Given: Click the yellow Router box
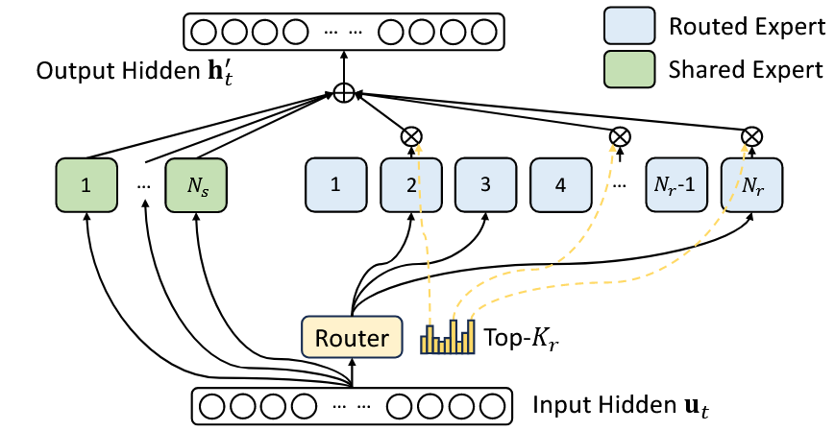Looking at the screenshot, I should [353, 337].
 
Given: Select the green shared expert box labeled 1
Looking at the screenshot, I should [86, 184].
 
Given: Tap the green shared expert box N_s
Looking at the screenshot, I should [197, 184].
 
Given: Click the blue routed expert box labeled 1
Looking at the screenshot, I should [335, 184].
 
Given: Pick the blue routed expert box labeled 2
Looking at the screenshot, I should [410, 184].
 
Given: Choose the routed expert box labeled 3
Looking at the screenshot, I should [485, 184].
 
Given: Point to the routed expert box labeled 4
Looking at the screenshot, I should [560, 184].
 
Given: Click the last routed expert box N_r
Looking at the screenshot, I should [751, 184].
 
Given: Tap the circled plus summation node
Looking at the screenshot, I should [343, 93].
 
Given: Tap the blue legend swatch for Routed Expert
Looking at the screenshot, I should [628, 27].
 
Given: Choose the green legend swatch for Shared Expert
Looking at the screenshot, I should [628, 69].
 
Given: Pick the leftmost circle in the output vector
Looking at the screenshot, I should [205, 32].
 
